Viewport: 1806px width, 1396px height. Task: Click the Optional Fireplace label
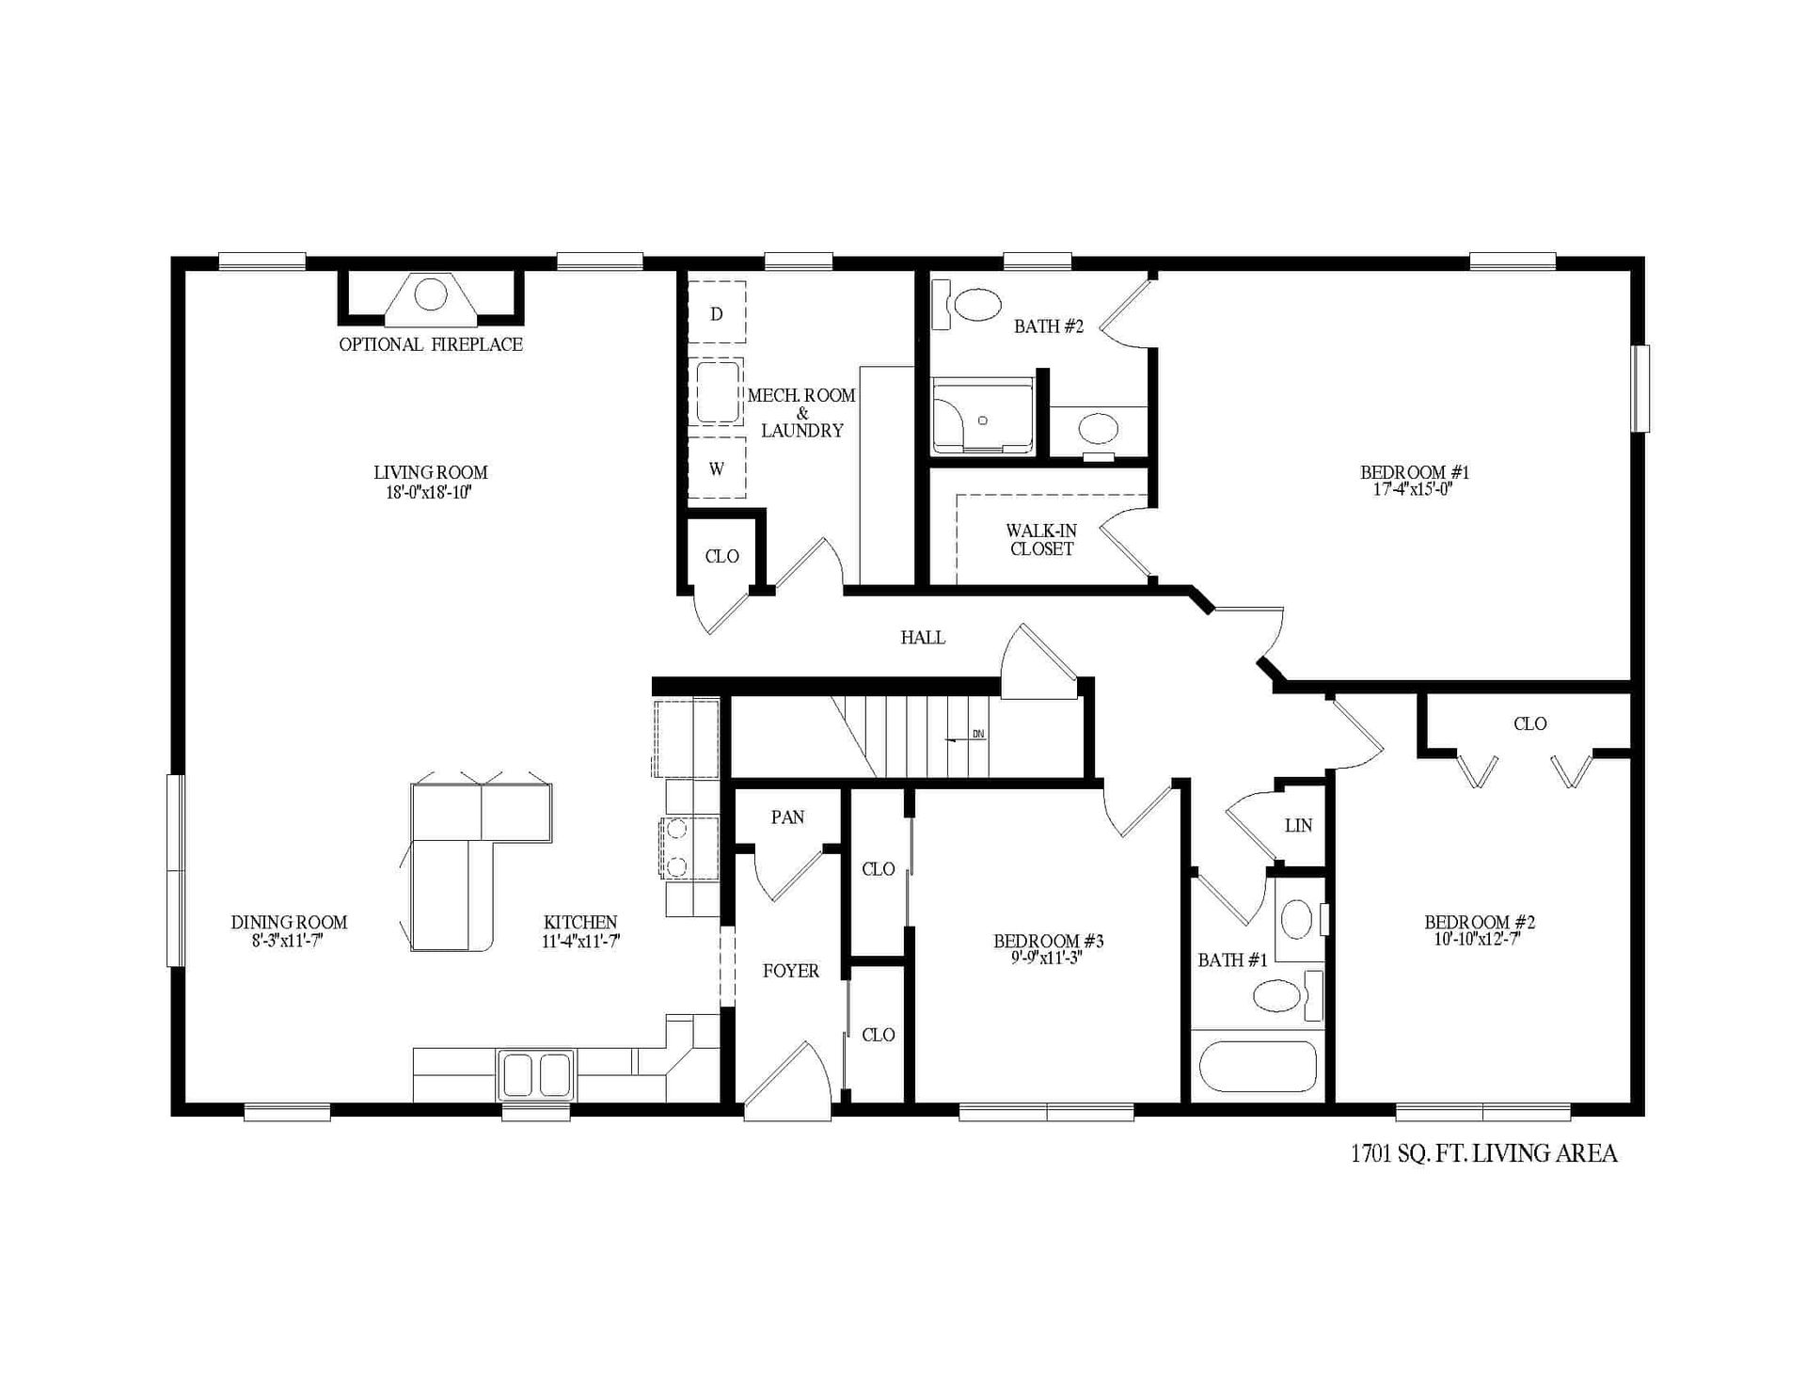431,344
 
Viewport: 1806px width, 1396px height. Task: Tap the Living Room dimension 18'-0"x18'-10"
429,492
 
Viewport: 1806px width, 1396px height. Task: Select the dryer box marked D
717,313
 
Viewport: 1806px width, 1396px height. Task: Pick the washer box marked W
717,468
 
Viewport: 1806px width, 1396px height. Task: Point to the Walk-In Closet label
1041,540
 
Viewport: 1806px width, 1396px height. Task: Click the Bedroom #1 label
1414,472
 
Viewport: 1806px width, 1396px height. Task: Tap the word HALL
923,638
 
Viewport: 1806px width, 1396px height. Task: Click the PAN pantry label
787,817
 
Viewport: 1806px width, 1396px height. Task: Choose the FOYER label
790,971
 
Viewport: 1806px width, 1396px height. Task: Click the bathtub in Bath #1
1258,1066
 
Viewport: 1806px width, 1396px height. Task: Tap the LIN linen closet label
1298,826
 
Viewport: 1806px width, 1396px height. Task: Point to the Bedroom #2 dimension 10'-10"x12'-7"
1479,939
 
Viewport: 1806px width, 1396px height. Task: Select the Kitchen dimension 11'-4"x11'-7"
580,940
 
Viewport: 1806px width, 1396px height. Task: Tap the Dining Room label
289,923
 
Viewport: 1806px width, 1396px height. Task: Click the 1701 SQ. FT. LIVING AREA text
1483,1153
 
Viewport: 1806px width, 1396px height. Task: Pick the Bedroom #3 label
1048,941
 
